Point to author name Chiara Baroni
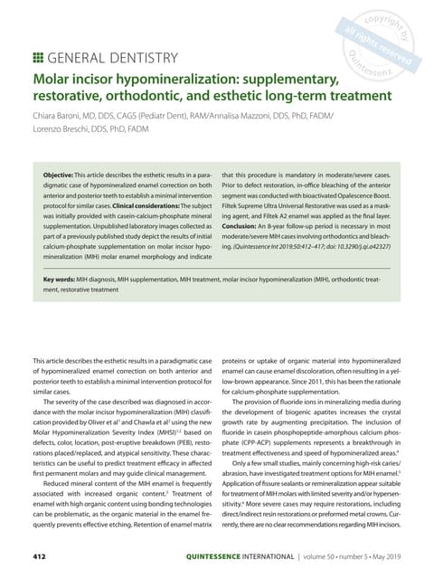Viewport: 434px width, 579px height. [x=62, y=118]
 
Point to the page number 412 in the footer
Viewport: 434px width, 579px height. [x=41, y=555]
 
